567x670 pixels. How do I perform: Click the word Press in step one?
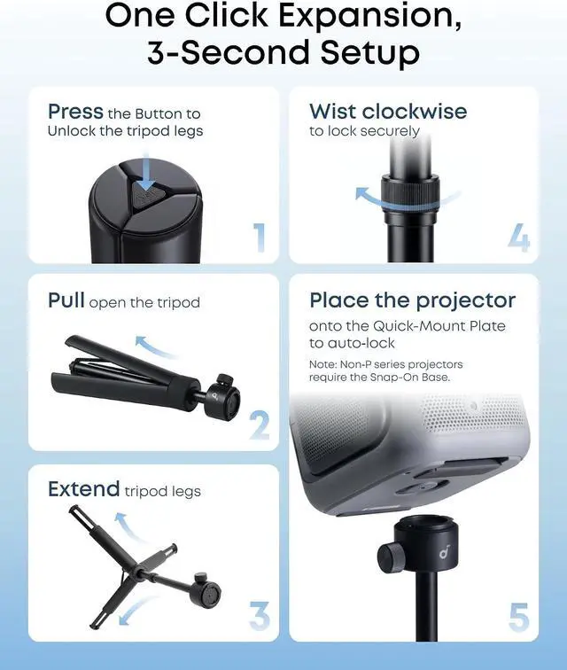75,112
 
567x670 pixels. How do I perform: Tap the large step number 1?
260,237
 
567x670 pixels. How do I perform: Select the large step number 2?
260,425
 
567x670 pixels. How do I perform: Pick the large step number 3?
260,615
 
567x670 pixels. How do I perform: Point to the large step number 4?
519,237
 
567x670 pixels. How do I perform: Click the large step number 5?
519,617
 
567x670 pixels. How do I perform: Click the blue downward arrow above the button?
146,173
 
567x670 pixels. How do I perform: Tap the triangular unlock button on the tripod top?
145,195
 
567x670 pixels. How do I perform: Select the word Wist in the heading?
332,112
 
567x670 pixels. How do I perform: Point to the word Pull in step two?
66,300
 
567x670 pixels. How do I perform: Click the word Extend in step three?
84,489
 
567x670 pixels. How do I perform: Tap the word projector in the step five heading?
466,301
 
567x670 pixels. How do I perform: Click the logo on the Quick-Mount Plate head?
444,553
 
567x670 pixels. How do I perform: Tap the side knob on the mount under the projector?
387,555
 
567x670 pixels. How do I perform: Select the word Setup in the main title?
370,52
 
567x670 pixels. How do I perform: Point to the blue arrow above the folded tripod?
155,346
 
